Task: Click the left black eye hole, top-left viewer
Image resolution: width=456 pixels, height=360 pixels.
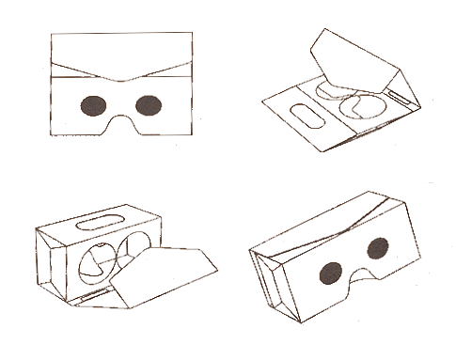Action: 93,105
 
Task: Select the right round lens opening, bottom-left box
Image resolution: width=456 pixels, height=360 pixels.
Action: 133,252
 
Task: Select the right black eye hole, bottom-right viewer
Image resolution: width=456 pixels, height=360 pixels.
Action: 376,249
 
